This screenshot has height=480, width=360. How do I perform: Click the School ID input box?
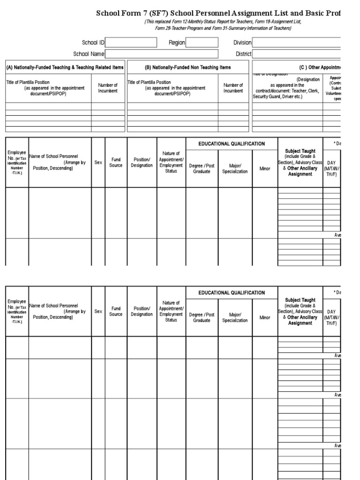tap(131, 43)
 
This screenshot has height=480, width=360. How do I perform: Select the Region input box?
tap(202, 43)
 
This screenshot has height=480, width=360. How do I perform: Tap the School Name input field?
tap(162, 54)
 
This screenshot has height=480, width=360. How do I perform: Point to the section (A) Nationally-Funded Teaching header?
tap(65, 67)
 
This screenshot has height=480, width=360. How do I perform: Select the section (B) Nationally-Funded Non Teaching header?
tap(188, 67)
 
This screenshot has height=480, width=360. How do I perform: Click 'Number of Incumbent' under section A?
tap(108, 88)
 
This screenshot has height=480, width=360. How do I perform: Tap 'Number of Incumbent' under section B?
tap(233, 88)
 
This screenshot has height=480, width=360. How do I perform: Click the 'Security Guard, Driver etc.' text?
tap(278, 97)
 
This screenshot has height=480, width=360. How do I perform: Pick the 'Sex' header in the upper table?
tap(98, 162)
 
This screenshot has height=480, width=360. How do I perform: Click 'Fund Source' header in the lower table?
tap(116, 311)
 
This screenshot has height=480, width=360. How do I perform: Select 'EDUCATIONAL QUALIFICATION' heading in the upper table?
tap(232, 144)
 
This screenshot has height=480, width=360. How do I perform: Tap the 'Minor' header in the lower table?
tap(265, 317)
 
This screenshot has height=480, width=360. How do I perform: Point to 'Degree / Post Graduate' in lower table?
tap(202, 317)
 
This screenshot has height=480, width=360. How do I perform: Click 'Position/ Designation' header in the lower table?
tap(142, 311)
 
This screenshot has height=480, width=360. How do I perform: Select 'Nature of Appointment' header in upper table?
tap(171, 159)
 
